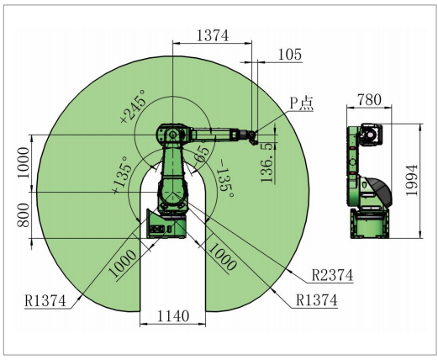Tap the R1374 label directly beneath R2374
(315, 299)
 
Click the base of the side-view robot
(369, 225)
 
